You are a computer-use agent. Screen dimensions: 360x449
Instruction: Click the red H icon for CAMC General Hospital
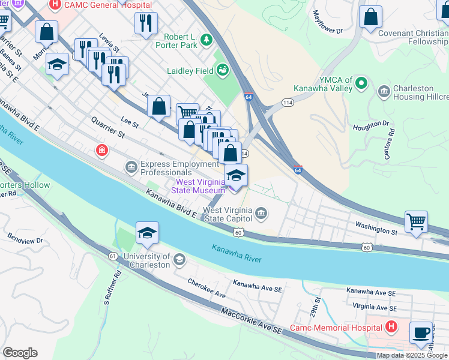pos(55,5)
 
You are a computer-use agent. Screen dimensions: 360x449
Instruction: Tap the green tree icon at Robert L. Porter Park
pos(206,40)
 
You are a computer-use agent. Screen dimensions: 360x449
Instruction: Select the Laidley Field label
pos(190,71)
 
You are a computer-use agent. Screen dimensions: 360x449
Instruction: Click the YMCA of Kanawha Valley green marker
pos(361,82)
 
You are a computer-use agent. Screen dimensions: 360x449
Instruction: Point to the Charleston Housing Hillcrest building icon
pos(384,92)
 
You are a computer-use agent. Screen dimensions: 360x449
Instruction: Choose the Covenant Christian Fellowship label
pos(413,38)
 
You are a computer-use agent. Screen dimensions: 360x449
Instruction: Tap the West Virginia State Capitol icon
pos(261,213)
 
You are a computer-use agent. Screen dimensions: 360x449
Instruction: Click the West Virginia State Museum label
pos(200,186)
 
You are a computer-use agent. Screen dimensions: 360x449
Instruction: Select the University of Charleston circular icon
pos(179,259)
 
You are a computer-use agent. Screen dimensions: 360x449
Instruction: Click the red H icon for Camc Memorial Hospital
pos(391,327)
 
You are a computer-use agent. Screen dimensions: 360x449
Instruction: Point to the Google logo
pos(20,353)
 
